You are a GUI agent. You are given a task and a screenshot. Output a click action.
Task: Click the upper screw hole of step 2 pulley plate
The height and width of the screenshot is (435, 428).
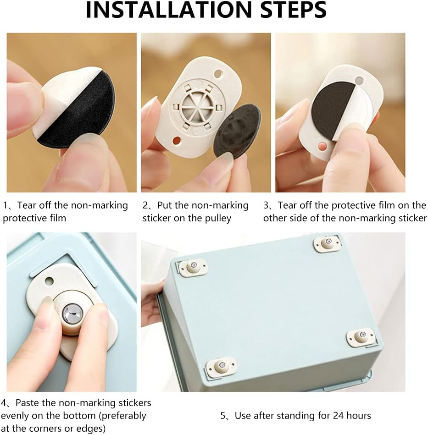218,74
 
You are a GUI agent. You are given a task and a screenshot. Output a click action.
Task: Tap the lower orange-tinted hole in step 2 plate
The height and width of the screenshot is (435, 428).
177,140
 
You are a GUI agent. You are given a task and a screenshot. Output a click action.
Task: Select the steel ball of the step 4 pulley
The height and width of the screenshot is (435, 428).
72,313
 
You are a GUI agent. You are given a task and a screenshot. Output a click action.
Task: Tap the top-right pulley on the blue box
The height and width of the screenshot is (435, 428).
328,243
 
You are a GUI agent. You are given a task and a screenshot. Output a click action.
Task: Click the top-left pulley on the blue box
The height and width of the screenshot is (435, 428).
193,267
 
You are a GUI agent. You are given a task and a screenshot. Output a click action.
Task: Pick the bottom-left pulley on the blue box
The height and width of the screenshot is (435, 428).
221,367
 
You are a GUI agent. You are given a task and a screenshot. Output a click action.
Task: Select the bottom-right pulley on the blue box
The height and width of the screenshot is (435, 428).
361,336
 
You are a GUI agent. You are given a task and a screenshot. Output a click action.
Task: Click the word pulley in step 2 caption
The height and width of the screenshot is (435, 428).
217,218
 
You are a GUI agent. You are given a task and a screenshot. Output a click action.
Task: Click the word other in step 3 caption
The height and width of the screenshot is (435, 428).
275,218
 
